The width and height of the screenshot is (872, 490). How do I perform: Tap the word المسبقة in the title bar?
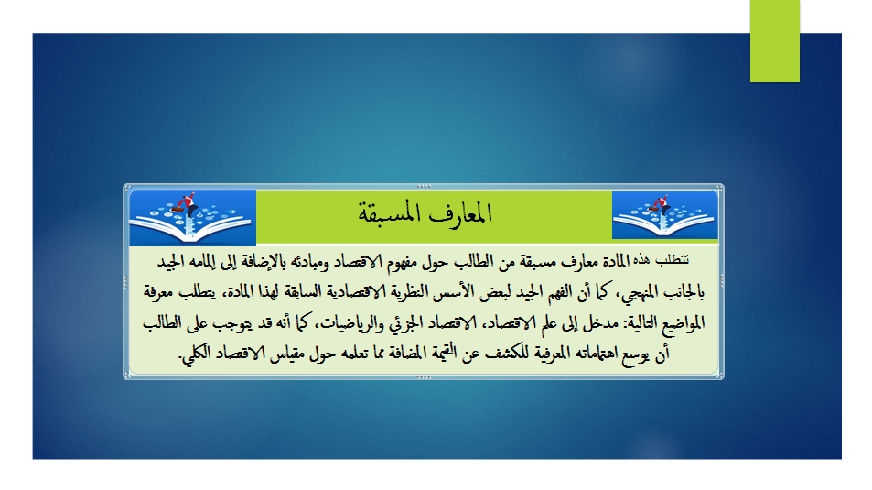click(x=389, y=213)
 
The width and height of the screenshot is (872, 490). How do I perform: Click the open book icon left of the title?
click(x=192, y=218)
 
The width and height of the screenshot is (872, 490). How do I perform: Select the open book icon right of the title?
click(x=665, y=215)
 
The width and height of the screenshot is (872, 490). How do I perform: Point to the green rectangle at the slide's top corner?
click(x=775, y=40)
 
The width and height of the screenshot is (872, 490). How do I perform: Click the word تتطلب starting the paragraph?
click(x=672, y=260)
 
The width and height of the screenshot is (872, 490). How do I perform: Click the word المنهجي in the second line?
click(x=639, y=292)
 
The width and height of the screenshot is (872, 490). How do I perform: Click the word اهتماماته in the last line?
click(x=587, y=354)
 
